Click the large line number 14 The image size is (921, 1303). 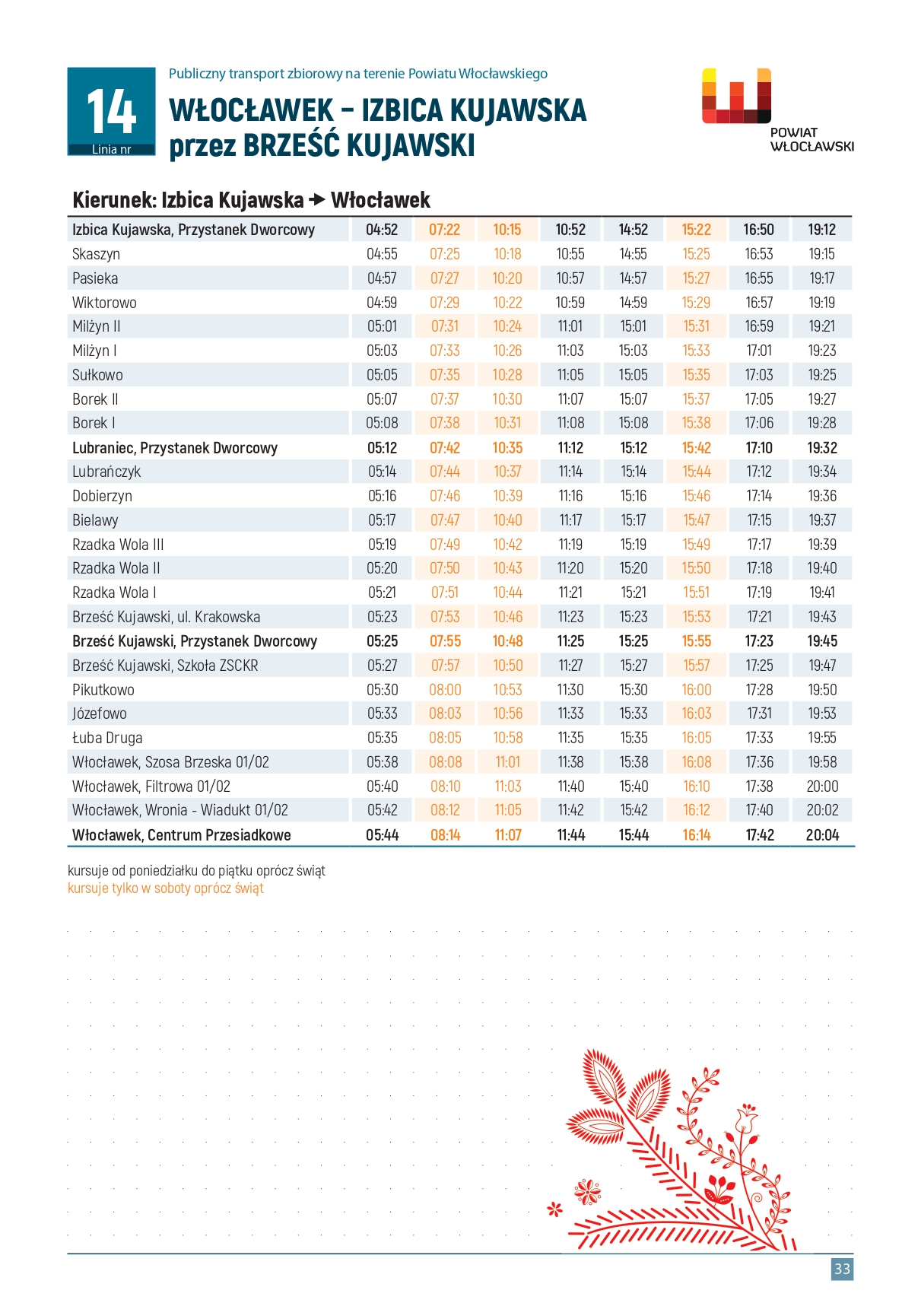[x=111, y=111]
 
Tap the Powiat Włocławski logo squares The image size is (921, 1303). [x=736, y=97]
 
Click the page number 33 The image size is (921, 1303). [x=842, y=1269]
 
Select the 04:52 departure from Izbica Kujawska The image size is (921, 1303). [x=382, y=230]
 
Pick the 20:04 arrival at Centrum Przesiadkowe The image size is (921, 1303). [x=822, y=835]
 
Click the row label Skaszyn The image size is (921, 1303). [x=96, y=254]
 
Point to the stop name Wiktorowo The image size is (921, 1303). [x=104, y=303]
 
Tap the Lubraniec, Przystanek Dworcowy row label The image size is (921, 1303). [x=175, y=448]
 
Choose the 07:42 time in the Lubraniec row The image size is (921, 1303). [x=445, y=448]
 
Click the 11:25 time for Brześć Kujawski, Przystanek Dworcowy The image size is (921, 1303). [x=570, y=641]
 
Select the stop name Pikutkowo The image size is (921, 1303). [x=103, y=690]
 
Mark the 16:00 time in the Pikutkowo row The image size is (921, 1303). [x=697, y=690]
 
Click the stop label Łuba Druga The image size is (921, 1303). [x=107, y=738]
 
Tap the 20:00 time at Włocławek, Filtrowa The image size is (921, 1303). [x=822, y=787]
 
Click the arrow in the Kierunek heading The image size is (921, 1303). [x=317, y=201]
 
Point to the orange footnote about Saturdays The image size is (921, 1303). [x=166, y=888]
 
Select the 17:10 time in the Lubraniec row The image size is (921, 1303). [x=759, y=448]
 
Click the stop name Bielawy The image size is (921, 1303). [x=95, y=520]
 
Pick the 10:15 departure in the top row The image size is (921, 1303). [x=507, y=230]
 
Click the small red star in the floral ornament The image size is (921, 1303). [x=555, y=1209]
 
